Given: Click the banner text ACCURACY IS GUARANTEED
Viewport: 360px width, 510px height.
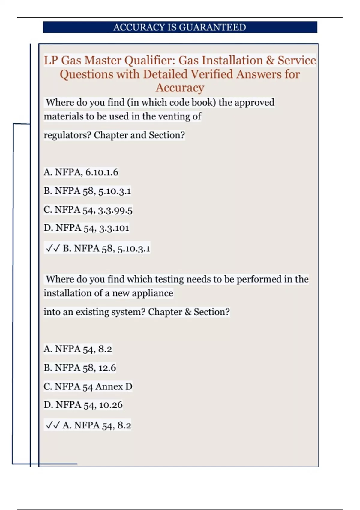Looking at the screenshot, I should tap(179, 27).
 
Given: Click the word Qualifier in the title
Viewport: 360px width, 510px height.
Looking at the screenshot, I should tap(150, 60).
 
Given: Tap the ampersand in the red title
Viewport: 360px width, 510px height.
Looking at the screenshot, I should tap(270, 60).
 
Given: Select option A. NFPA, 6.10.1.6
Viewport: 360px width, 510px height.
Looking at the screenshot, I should tap(81, 172).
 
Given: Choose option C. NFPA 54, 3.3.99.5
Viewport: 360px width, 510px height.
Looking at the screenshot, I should tap(88, 210).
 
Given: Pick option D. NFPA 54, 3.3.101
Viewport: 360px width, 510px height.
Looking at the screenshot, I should tap(86, 228).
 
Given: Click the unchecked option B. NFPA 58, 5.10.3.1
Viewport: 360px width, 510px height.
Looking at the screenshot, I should tap(87, 191).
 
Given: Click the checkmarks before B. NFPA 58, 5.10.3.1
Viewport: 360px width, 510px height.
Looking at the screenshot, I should tap(53, 248).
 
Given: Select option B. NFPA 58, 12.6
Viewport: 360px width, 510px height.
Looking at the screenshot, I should tap(80, 368).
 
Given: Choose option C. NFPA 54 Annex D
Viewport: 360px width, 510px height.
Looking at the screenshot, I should tap(88, 386).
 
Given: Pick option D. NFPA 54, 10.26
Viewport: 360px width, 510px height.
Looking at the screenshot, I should tap(83, 405).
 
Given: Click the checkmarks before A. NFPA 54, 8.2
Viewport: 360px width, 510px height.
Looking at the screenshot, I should tap(53, 425).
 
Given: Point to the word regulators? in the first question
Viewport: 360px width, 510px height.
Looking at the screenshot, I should tap(67, 135).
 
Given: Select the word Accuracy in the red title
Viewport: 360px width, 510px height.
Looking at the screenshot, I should tap(180, 88).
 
